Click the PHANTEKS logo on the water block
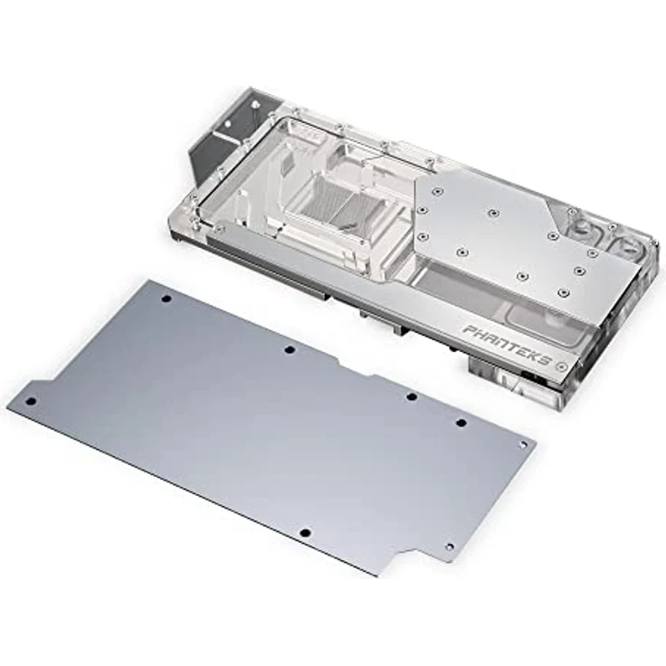tap(507, 344)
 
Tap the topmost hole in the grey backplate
tap(166, 298)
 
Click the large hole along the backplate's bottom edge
tap(304, 533)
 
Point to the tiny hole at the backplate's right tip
tap(522, 445)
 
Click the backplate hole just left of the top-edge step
tap(289, 349)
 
